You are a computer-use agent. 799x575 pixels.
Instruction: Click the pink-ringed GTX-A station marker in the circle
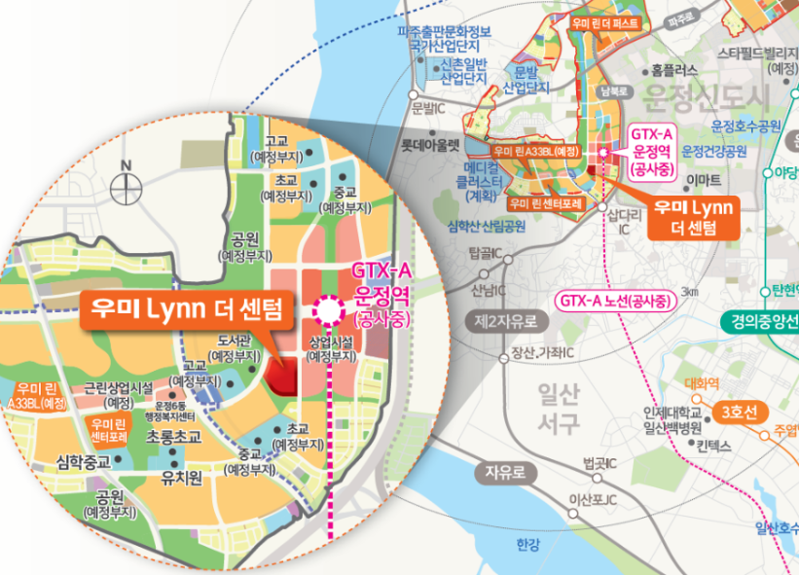tap(328, 309)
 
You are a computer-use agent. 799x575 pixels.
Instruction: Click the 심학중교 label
tap(85, 460)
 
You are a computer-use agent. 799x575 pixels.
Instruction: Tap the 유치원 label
tap(180, 478)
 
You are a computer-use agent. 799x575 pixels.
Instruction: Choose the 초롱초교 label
tap(172, 438)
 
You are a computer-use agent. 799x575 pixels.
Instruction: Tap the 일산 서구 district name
tap(558, 408)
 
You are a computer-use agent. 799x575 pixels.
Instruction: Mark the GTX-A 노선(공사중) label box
tap(615, 302)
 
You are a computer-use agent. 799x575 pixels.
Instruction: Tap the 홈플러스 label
tap(675, 70)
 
